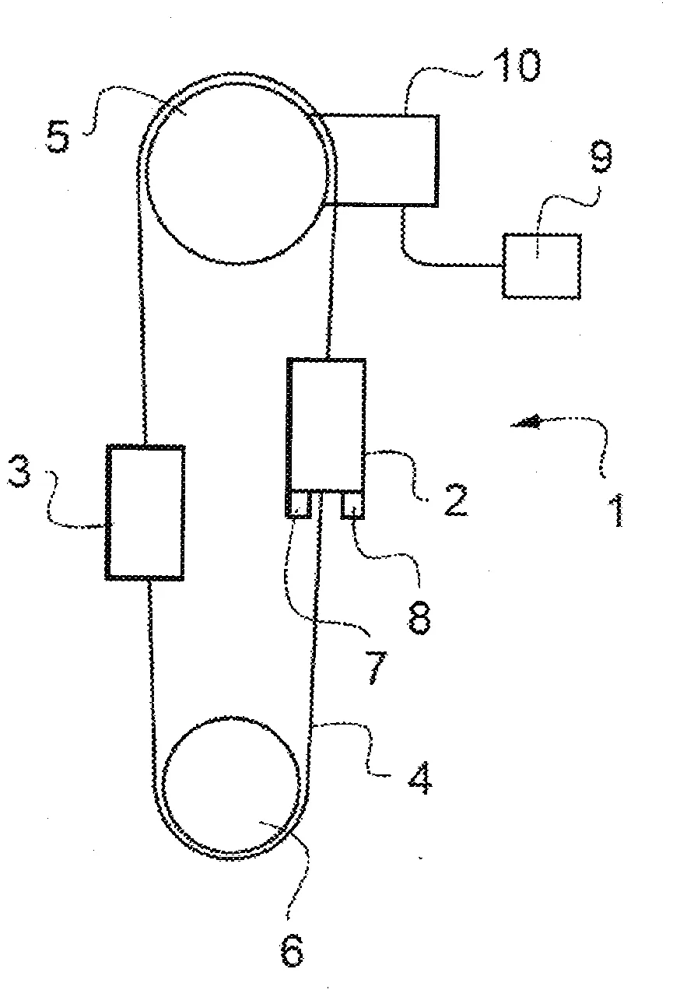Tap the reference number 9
pos(601,156)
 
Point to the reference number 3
pos(19,472)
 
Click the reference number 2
pos(456,500)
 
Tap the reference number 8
pos(420,618)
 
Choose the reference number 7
pos(376,668)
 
